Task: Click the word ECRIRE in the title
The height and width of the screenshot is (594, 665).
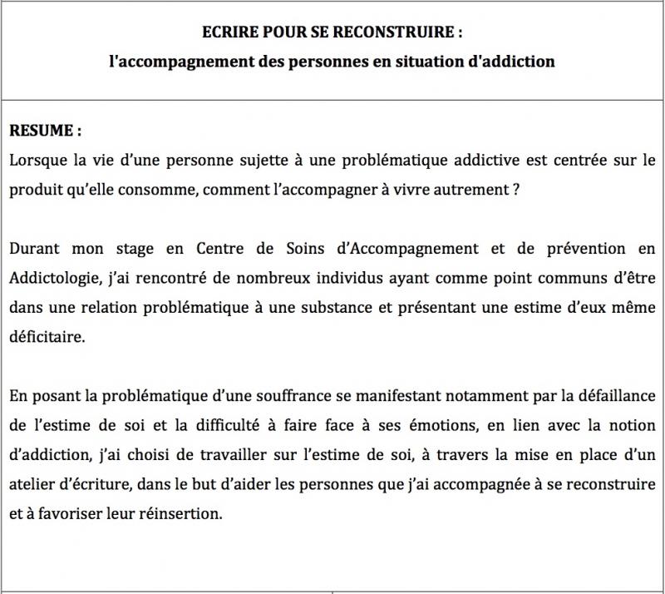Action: pos(227,33)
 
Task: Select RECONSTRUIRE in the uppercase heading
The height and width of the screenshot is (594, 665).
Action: pos(397,33)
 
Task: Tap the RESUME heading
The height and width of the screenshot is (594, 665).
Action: pos(46,131)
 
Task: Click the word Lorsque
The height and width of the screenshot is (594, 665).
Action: pos(37,158)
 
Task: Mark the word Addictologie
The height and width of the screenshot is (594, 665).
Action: pos(52,278)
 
